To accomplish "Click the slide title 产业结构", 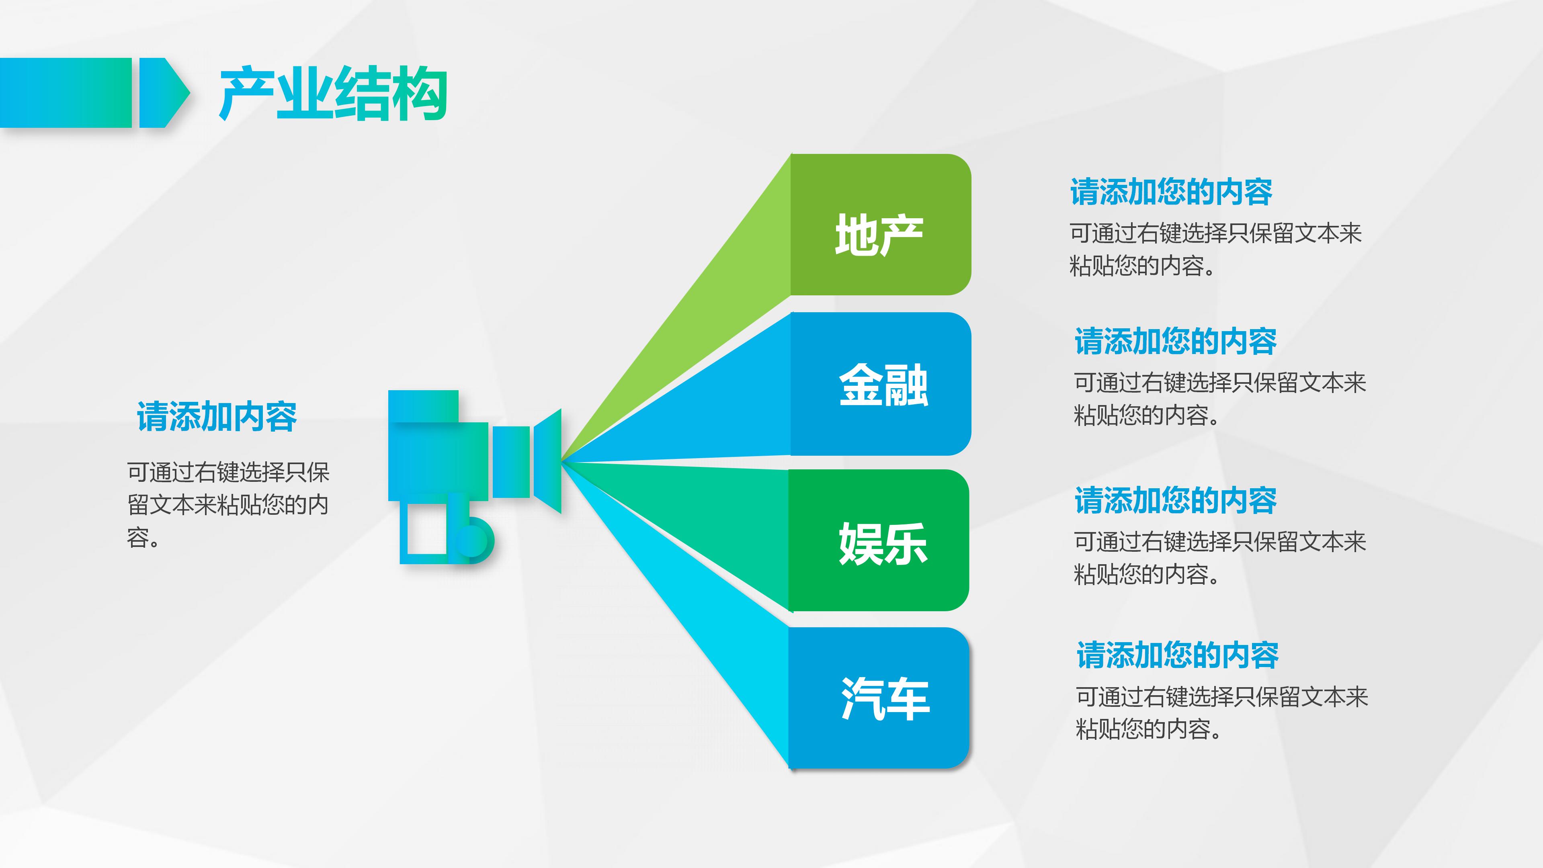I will point(333,94).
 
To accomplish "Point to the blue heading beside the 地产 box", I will point(1171,192).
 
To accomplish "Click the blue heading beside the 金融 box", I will point(1175,342).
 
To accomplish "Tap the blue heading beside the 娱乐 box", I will point(1175,501).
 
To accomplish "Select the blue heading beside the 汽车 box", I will point(1177,655).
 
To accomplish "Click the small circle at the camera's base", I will point(471,540).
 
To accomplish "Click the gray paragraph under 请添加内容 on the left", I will point(227,504).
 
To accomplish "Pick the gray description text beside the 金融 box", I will point(1219,398).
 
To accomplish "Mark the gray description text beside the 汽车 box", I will point(1222,713).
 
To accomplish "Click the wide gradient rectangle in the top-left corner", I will point(65,93).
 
